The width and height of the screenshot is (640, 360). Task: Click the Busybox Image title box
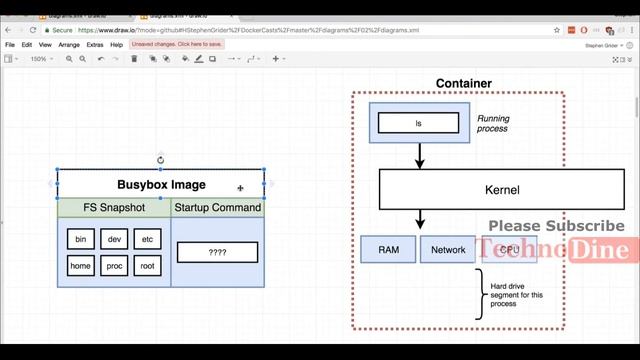(x=161, y=184)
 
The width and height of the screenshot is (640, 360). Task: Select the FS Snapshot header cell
(x=114, y=208)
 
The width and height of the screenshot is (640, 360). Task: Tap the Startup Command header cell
(x=217, y=208)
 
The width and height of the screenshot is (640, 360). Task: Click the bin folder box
(x=81, y=240)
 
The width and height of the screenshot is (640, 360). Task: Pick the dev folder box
(x=114, y=240)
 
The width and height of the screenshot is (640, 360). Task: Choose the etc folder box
(x=147, y=240)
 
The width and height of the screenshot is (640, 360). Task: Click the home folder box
(x=81, y=266)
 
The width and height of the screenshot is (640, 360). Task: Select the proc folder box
(x=114, y=266)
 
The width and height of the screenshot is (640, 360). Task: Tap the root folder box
(x=147, y=266)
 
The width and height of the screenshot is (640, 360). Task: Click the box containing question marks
(x=217, y=253)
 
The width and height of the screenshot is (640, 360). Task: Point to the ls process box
(x=419, y=123)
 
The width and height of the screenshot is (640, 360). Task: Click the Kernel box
(x=460, y=189)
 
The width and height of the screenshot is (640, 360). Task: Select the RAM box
(x=388, y=249)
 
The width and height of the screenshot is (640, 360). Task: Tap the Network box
(x=448, y=249)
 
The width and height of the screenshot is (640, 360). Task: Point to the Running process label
(x=492, y=123)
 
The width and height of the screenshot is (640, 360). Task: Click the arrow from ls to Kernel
(x=419, y=154)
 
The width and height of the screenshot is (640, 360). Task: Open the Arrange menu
(x=69, y=45)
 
